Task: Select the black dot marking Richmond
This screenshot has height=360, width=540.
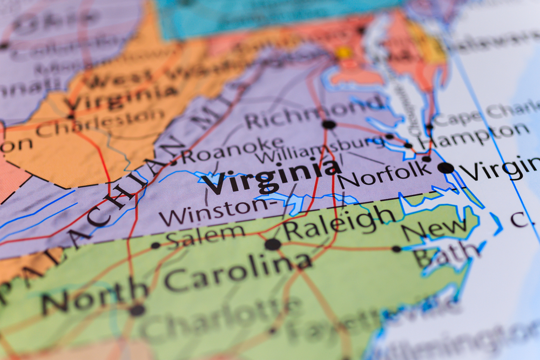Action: pyautogui.click(x=328, y=125)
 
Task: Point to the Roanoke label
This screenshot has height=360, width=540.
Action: pyautogui.click(x=232, y=150)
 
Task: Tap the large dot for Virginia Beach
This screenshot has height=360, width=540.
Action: pyautogui.click(x=446, y=168)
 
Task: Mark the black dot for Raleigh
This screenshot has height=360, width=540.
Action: pyautogui.click(x=273, y=244)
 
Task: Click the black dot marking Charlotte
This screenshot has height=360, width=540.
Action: pyautogui.click(x=137, y=310)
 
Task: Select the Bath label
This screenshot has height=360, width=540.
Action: pyautogui.click(x=446, y=254)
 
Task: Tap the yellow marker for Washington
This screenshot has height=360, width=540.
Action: pyautogui.click(x=343, y=53)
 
